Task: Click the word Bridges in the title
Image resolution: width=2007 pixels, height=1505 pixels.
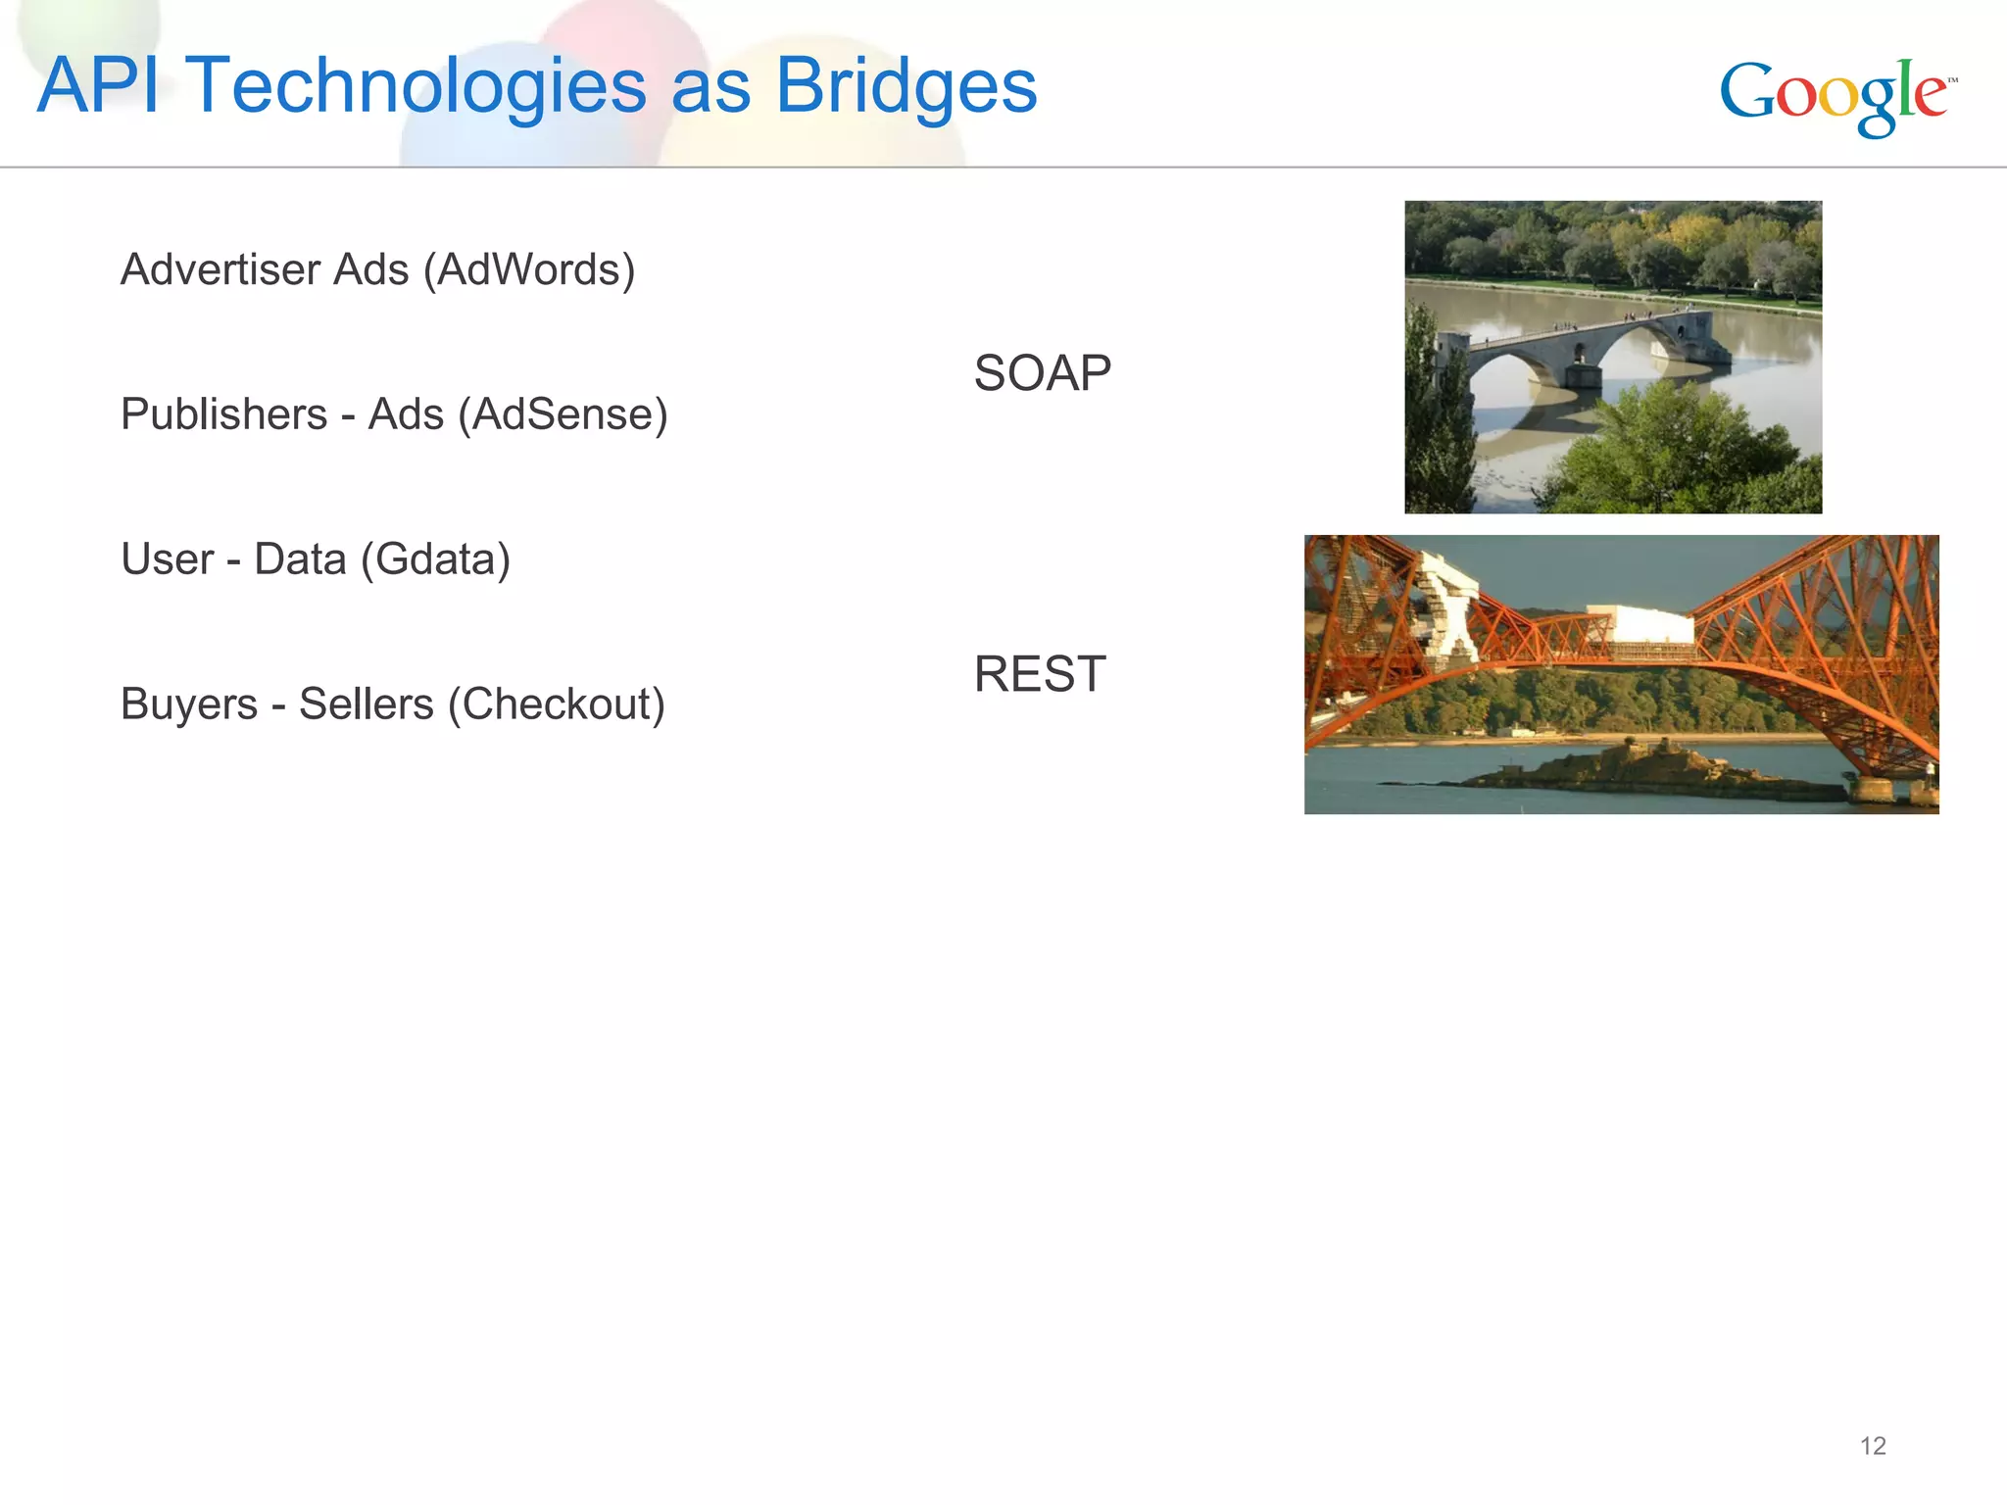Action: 906,86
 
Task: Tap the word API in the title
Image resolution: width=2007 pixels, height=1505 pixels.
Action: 97,85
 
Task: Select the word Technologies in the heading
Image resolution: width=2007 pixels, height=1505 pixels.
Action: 416,86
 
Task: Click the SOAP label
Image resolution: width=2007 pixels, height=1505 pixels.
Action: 1042,373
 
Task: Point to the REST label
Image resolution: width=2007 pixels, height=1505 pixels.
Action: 1040,674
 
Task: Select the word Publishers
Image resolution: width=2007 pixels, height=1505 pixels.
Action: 223,413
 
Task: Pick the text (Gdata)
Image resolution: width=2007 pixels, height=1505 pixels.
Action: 435,558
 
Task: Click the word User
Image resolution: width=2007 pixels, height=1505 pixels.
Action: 167,558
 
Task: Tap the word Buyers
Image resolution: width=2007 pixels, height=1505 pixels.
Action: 189,704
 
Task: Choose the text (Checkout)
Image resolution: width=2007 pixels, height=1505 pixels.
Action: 556,704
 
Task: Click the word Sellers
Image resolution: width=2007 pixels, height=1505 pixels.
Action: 366,704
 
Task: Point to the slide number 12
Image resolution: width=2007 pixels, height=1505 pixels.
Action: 1873,1446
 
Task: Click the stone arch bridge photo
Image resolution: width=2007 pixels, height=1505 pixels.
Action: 1613,357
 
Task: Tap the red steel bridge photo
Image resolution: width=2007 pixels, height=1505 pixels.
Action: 1621,674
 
